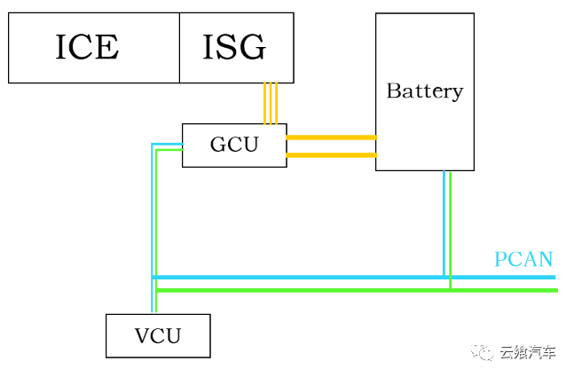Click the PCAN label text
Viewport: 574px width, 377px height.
coord(523,259)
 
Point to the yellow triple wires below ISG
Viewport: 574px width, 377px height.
coord(271,103)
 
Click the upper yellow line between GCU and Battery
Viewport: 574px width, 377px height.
coord(331,137)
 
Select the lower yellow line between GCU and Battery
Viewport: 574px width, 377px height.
coord(331,155)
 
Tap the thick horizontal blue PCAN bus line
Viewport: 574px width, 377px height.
coord(355,278)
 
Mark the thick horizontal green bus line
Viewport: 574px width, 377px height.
coord(355,289)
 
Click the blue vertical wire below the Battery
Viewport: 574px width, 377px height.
coord(444,222)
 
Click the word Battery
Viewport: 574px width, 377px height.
coord(424,90)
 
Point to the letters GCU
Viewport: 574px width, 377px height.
coord(234,145)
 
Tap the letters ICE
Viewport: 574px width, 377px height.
coord(87,48)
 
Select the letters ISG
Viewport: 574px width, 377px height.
coord(234,48)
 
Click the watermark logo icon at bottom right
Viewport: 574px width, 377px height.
coord(484,353)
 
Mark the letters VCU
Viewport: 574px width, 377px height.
coord(158,335)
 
